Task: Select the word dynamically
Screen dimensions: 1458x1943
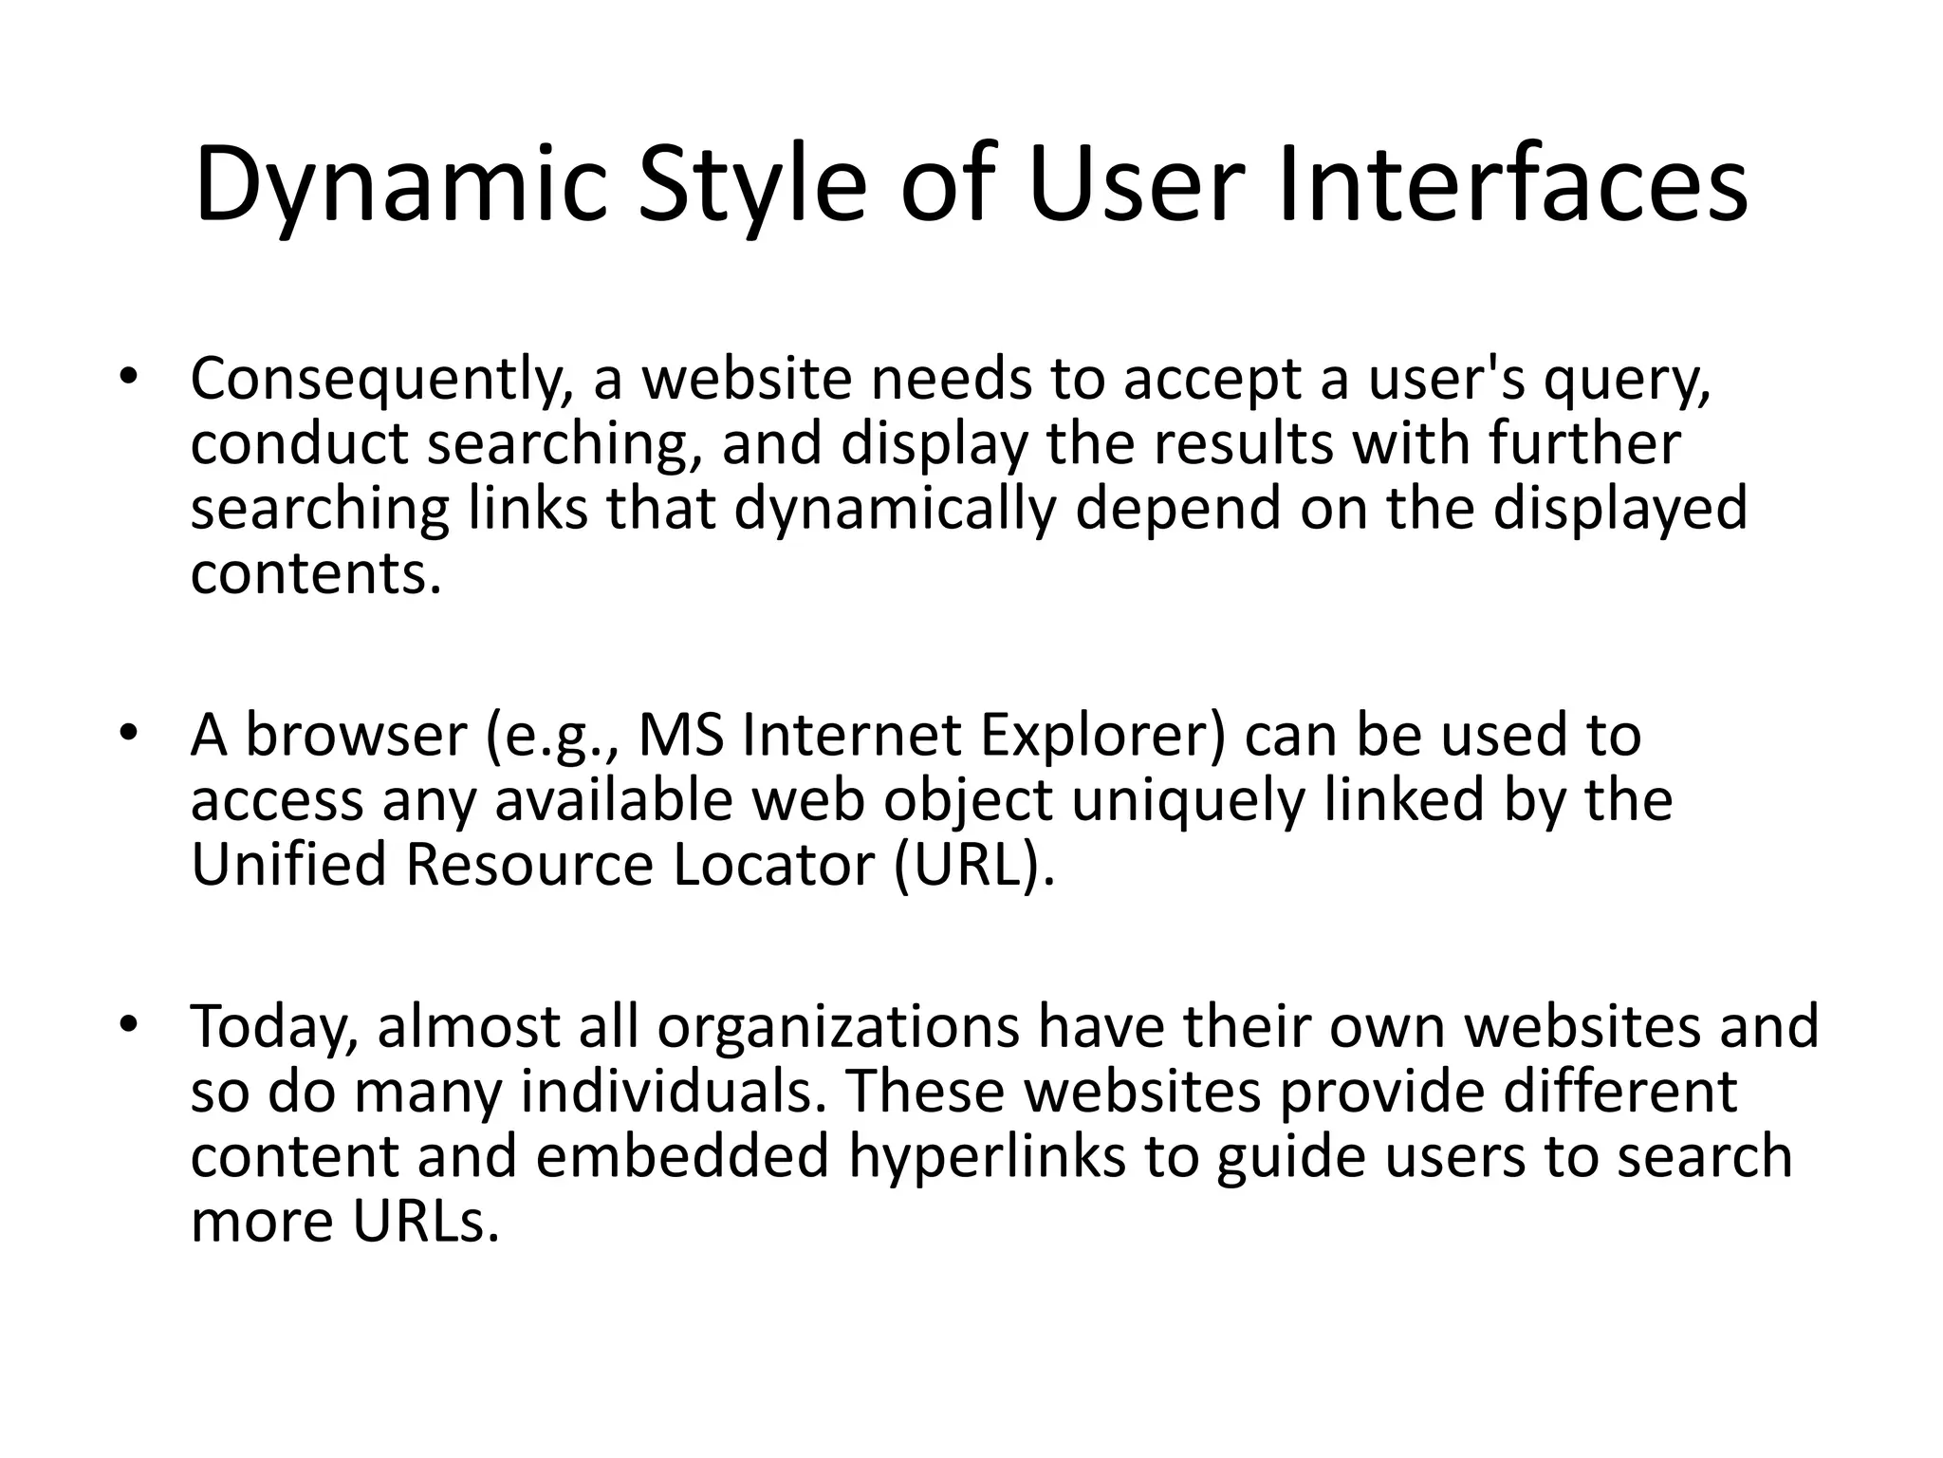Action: (x=895, y=511)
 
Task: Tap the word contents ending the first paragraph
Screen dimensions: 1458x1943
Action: (x=315, y=573)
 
